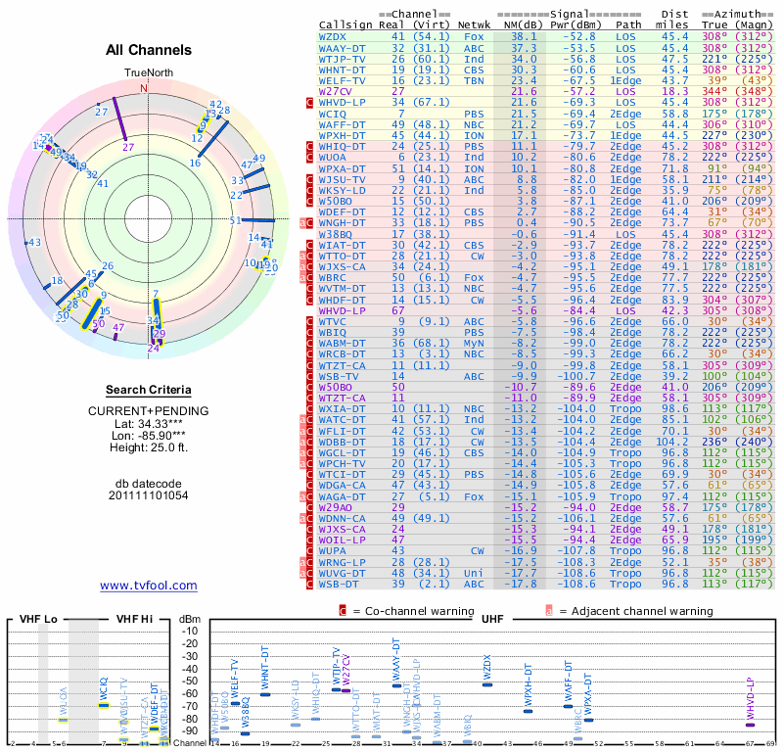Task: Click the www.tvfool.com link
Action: pyautogui.click(x=148, y=586)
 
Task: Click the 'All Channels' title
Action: pyautogui.click(x=149, y=50)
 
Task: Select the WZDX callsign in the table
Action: pyautogui.click(x=334, y=36)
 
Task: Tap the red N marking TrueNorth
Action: pyautogui.click(x=145, y=88)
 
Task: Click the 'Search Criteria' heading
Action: pyautogui.click(x=148, y=390)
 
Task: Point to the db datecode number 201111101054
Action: pyautogui.click(x=149, y=495)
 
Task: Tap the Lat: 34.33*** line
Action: pyautogui.click(x=148, y=423)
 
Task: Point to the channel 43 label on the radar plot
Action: pyautogui.click(x=34, y=243)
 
